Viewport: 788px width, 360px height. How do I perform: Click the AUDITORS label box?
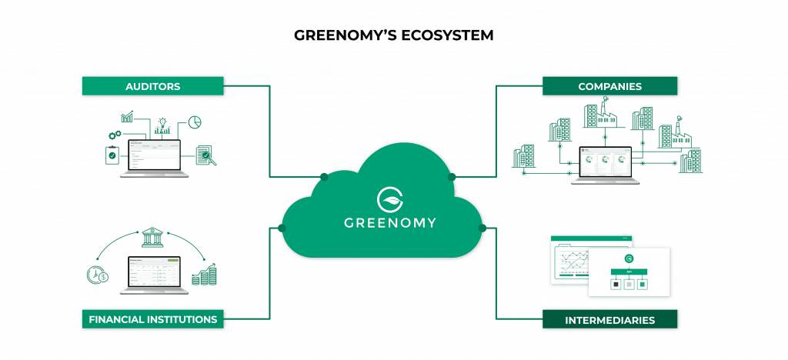pyautogui.click(x=152, y=86)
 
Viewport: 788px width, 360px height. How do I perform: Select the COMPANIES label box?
pyautogui.click(x=609, y=86)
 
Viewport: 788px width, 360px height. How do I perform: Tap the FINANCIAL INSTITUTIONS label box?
pyautogui.click(x=152, y=318)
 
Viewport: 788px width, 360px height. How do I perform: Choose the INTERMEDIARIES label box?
pyautogui.click(x=609, y=319)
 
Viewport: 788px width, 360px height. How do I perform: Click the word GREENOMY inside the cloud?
pyautogui.click(x=390, y=223)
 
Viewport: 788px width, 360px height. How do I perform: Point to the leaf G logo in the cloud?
pyautogui.click(x=390, y=198)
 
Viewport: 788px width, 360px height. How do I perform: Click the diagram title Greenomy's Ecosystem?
pyautogui.click(x=392, y=35)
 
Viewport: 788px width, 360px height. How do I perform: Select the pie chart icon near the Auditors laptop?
pyautogui.click(x=195, y=122)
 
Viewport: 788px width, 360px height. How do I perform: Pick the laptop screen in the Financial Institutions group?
pyautogui.click(x=154, y=272)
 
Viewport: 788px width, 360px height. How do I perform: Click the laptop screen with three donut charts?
pyautogui.click(x=605, y=162)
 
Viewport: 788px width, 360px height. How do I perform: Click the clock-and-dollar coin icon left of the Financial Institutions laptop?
pyautogui.click(x=98, y=274)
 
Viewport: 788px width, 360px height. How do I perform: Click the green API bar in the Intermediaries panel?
pyautogui.click(x=629, y=272)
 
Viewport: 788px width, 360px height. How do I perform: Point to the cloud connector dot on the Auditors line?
pyautogui.click(x=324, y=178)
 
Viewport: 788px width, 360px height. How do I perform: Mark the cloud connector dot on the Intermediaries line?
pyautogui.click(x=483, y=228)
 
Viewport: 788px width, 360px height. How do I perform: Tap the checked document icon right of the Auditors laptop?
pyautogui.click(x=204, y=155)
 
